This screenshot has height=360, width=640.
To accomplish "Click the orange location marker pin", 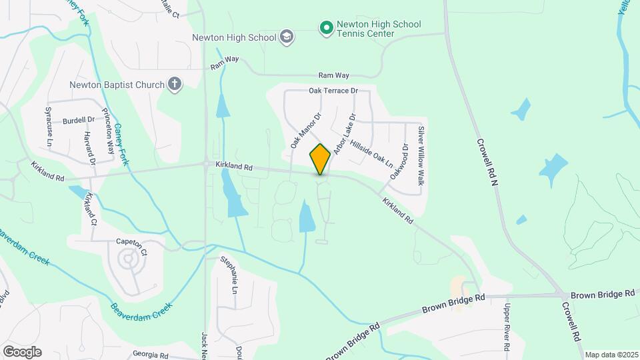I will point(320,159).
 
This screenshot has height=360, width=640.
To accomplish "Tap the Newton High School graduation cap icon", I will point(287,37).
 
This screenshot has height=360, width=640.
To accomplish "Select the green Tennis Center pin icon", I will point(326,29).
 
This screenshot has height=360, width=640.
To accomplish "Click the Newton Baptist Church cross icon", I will point(174,85).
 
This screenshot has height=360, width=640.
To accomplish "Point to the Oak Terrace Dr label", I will point(333,91).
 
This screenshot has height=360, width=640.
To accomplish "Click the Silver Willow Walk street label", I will point(421,156).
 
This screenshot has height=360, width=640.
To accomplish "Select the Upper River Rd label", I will point(507,326).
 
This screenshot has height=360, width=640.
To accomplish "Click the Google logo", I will point(22,351).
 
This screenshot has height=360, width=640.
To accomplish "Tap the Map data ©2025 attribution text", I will point(611,355).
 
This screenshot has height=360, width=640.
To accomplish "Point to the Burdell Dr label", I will point(79,121).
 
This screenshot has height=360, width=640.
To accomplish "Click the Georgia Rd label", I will point(150,355).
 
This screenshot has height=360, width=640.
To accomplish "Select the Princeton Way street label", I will point(108,129).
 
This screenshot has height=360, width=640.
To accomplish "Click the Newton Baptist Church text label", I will point(117,85).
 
